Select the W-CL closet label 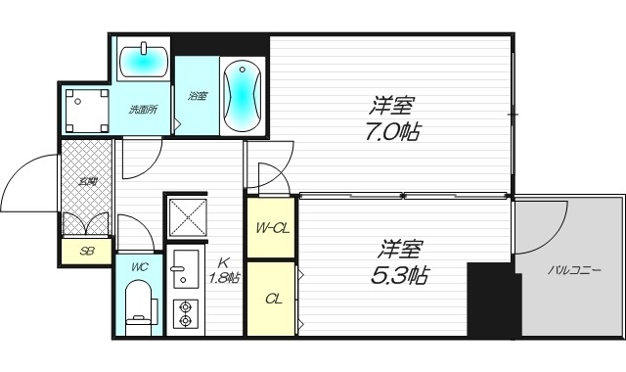pyautogui.click(x=271, y=229)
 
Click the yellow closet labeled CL pyautogui.click(x=271, y=299)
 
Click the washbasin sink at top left pyautogui.click(x=144, y=61)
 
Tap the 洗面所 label pyautogui.click(x=144, y=110)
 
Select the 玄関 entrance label pyautogui.click(x=87, y=182)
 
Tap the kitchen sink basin pyautogui.click(x=183, y=274)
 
